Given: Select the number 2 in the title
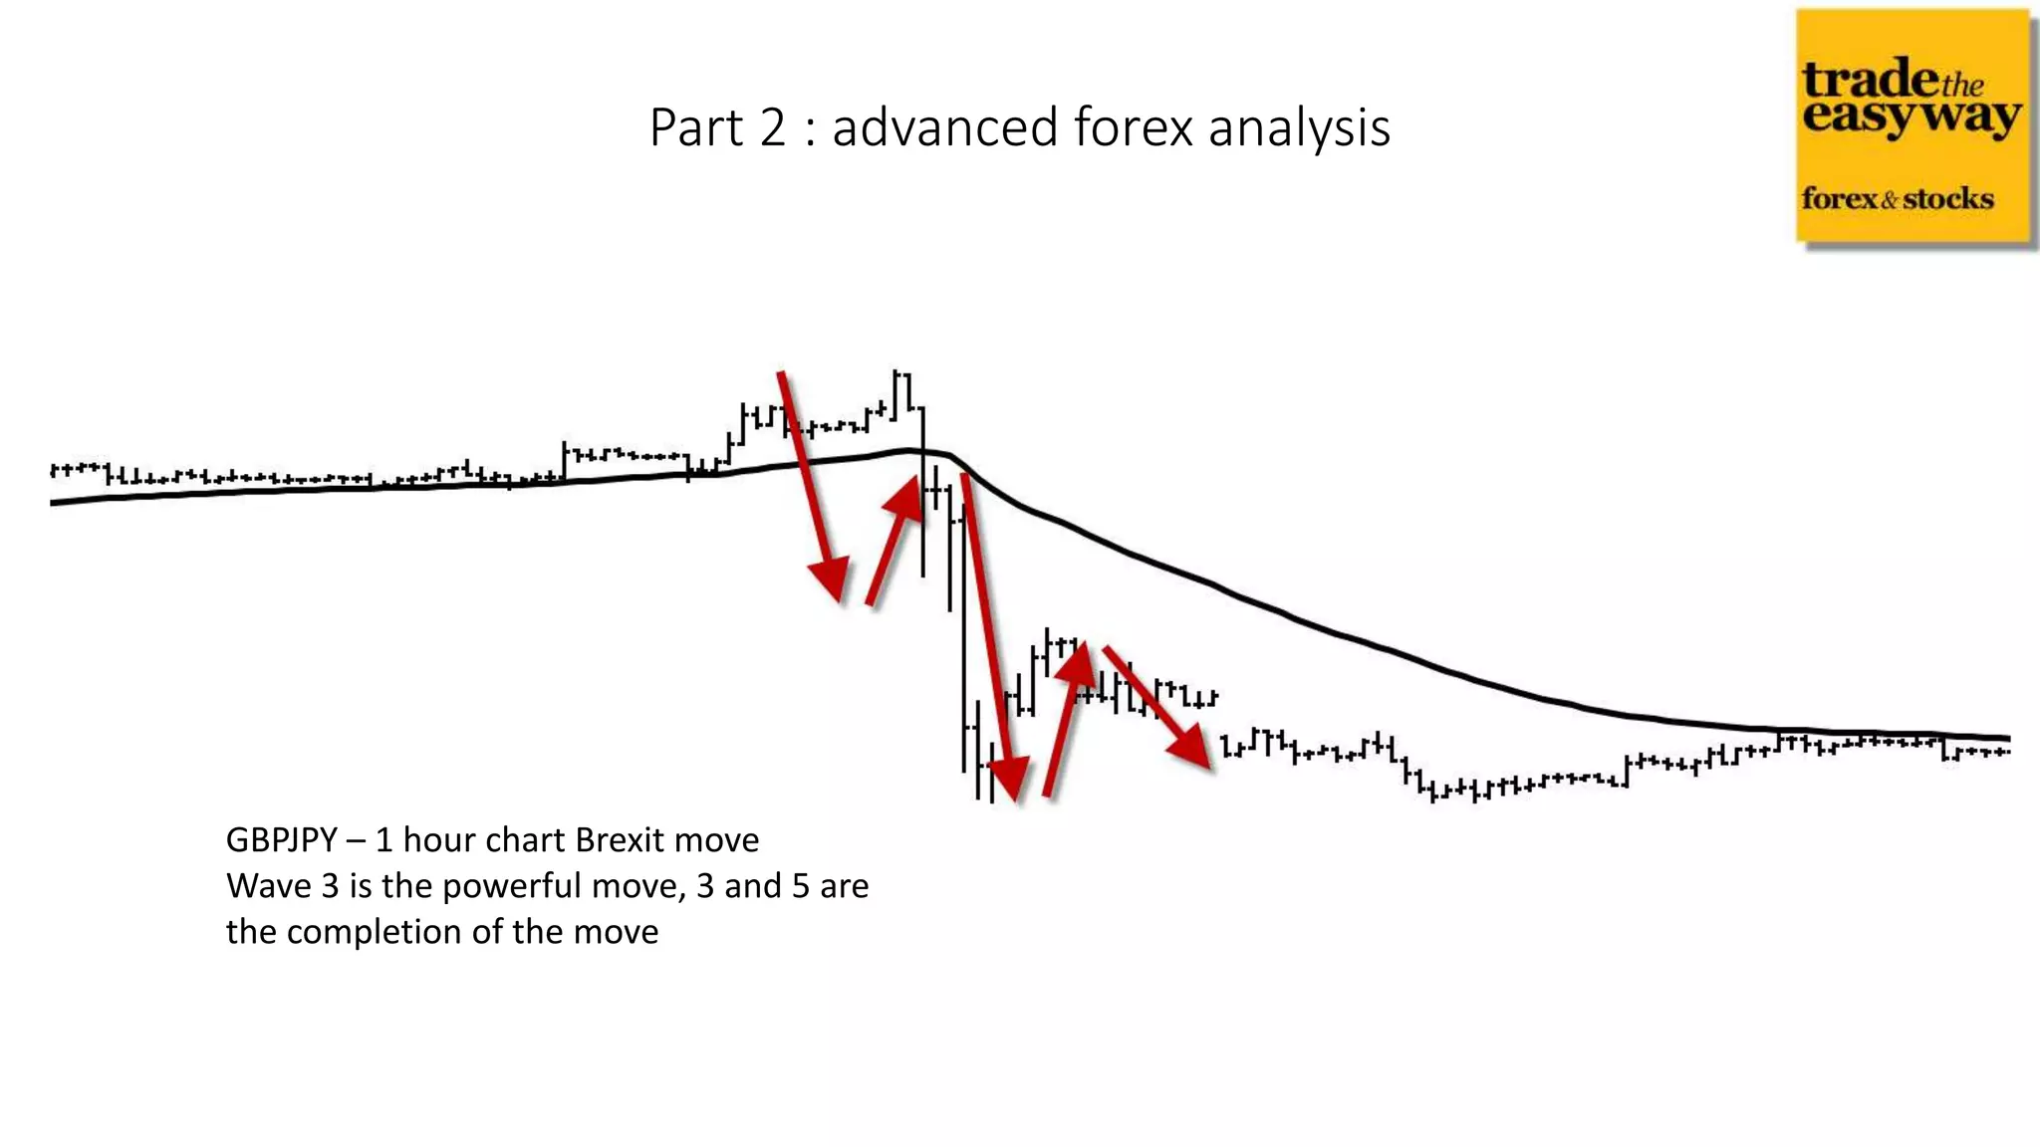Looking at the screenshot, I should coord(772,128).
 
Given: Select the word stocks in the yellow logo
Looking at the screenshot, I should coord(1948,198).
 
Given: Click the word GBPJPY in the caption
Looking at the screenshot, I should coord(281,840).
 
